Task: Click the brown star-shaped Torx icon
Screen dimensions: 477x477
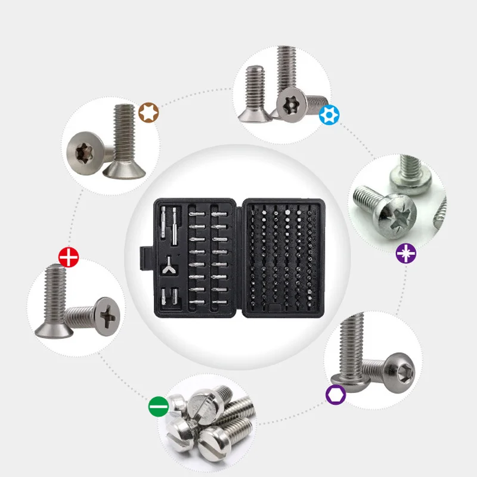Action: point(148,112)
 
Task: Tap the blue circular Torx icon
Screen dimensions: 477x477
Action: point(327,114)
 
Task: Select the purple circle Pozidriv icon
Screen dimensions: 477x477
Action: point(406,253)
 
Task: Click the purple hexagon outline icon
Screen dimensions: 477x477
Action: point(334,394)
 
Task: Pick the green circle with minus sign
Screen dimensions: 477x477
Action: point(158,408)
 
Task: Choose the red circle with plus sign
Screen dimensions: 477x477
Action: point(69,258)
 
